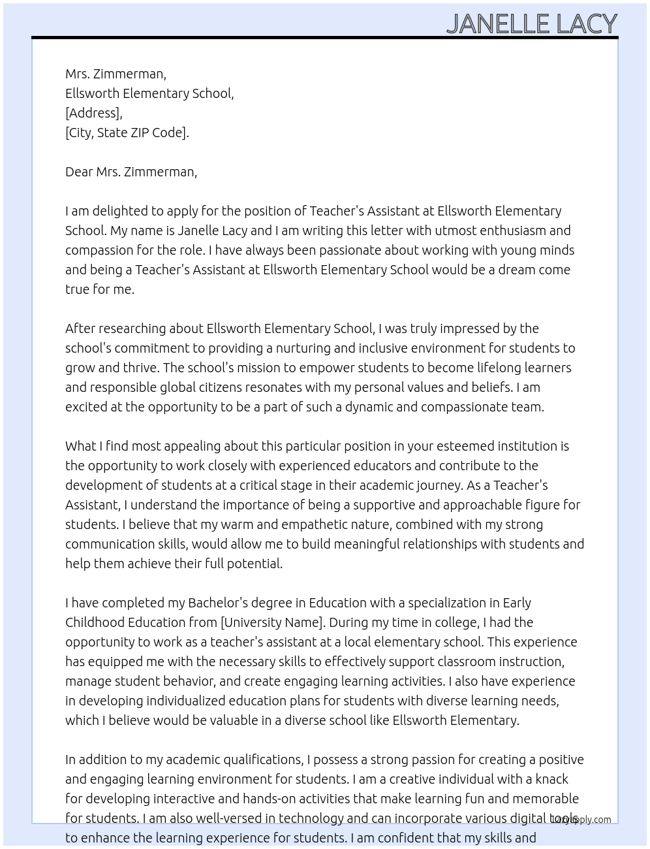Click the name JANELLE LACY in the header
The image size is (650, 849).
pos(531,24)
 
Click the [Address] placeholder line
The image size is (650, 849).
pos(93,113)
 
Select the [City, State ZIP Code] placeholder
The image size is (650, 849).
pos(127,133)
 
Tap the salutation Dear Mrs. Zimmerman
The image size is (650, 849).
pos(131,172)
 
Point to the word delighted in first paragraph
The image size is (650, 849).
pos(120,211)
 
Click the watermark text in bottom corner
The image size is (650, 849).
pos(581,820)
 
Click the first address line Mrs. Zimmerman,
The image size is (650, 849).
pos(116,74)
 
